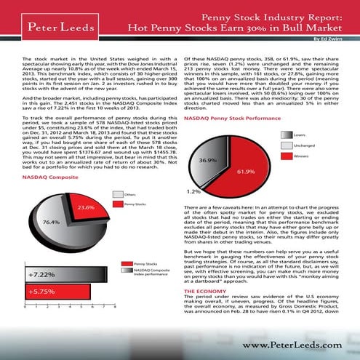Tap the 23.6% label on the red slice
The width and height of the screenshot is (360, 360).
[x=87, y=207]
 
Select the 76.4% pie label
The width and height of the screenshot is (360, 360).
[x=50, y=221]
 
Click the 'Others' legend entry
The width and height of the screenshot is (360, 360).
[x=131, y=194]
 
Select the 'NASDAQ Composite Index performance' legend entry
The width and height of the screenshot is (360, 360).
[x=151, y=273]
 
